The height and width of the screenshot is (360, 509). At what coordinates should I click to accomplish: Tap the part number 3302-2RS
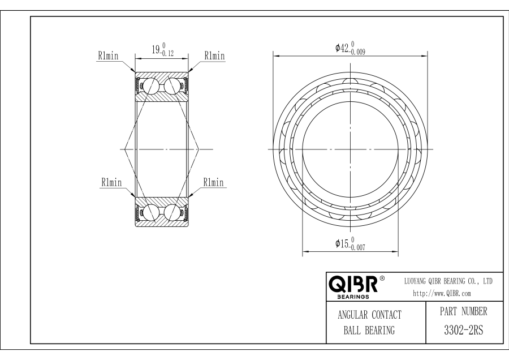pos(464,330)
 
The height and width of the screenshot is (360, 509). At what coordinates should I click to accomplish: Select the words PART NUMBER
pos(464,311)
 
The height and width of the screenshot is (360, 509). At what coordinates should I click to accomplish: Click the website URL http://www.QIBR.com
pos(442,293)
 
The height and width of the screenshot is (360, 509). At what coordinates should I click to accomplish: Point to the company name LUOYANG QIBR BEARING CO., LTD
pos(448,281)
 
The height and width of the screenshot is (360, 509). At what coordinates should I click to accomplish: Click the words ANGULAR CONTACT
pos(370,315)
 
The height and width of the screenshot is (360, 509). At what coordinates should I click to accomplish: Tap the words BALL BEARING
pos(369,331)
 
